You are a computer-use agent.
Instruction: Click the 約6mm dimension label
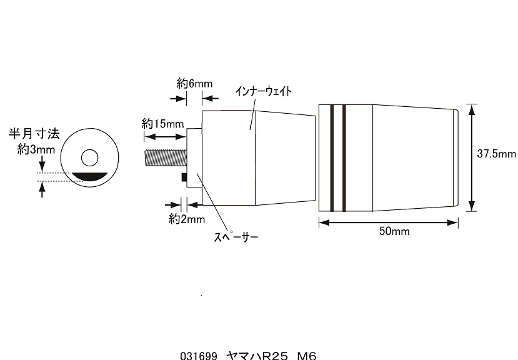point(194,84)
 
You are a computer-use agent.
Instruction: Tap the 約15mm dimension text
point(162,124)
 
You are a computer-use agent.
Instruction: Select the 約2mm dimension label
point(187,219)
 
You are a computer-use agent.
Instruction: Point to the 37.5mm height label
point(497,154)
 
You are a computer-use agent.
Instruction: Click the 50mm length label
point(394,231)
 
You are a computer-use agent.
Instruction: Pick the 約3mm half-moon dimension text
point(36,150)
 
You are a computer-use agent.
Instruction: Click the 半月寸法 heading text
point(34,134)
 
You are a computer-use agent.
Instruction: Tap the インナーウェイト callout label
point(264,91)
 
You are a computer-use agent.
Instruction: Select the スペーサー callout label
point(236,237)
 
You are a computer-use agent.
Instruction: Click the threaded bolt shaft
point(166,159)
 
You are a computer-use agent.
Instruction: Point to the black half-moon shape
point(90,177)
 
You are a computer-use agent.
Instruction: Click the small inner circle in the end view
point(90,157)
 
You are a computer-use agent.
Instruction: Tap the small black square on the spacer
point(184,177)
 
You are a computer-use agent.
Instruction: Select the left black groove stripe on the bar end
point(332,157)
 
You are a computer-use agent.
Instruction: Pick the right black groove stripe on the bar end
point(344,157)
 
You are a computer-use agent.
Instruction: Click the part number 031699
point(199,356)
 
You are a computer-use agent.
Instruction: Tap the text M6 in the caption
point(307,356)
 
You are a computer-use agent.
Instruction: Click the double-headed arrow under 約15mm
point(165,137)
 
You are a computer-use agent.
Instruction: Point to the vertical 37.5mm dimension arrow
point(472,157)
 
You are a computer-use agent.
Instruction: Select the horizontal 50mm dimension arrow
point(389,222)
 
